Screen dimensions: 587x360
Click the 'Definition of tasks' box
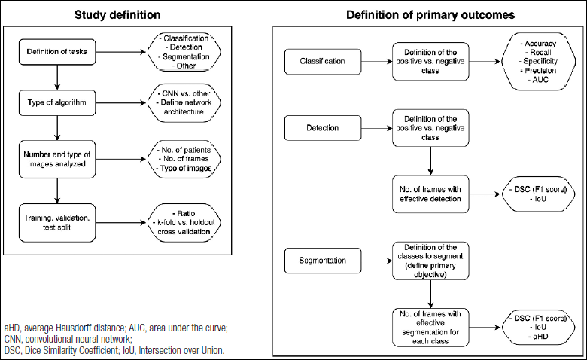tap(57, 52)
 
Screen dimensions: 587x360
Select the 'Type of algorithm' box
tap(57, 102)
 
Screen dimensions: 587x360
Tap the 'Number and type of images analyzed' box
tap(57, 159)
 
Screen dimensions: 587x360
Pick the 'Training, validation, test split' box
tap(57, 222)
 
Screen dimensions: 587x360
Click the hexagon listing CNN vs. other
tap(184, 102)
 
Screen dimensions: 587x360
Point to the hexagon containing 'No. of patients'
tap(184, 159)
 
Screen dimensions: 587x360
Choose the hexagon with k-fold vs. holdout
tap(184, 222)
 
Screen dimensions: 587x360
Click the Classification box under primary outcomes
tap(323, 62)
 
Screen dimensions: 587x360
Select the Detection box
tap(323, 128)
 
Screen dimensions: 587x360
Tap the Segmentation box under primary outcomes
tap(323, 261)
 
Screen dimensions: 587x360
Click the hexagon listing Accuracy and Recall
tap(538, 62)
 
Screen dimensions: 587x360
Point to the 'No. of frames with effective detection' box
tap(430, 194)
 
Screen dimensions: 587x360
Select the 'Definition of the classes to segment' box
tap(430, 261)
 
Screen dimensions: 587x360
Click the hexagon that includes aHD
tap(538, 328)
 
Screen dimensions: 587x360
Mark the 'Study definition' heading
tap(117, 15)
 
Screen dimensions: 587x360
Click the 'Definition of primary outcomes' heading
tap(430, 15)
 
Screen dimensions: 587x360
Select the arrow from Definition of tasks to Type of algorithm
tap(57, 78)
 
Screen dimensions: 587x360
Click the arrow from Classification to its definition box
tap(377, 62)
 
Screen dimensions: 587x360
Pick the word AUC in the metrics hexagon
tap(540, 80)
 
